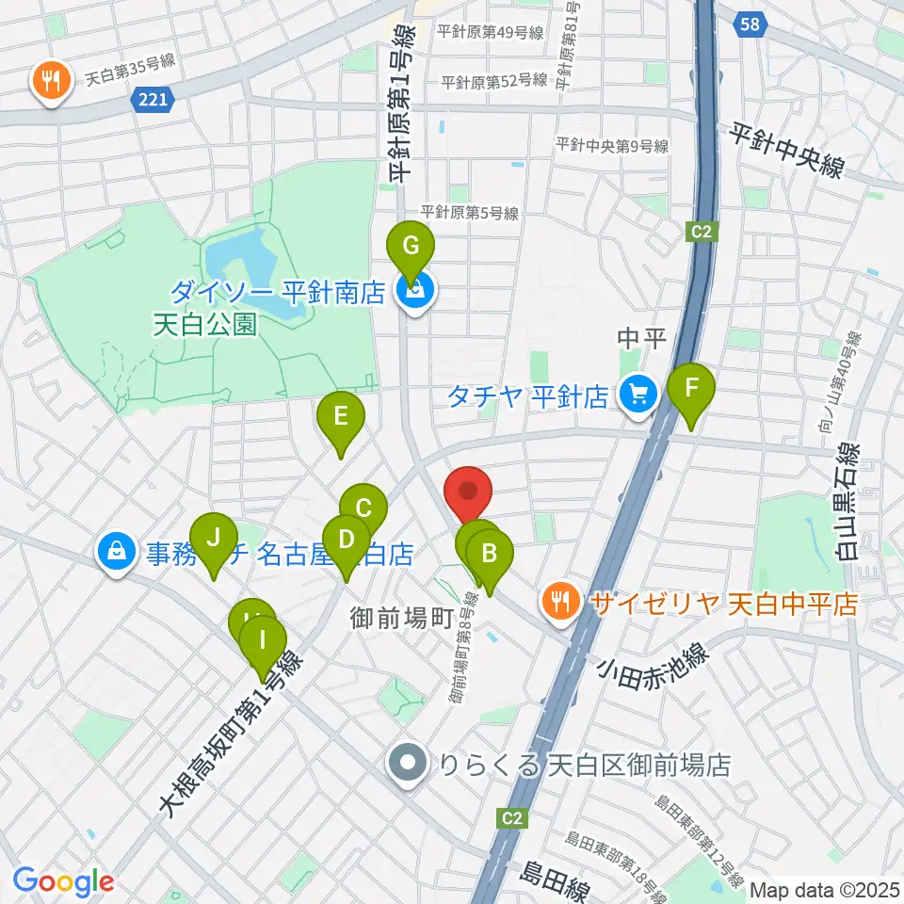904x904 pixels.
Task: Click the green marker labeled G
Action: pos(411,248)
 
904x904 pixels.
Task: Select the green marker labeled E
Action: pos(341,417)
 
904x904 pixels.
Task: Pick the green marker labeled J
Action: pos(214,540)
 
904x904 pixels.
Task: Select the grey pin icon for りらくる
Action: pos(408,764)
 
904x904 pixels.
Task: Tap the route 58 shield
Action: pos(750,25)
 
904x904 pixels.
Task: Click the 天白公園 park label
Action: pos(205,325)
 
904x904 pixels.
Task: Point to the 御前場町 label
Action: pos(402,620)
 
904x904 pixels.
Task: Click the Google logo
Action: pos(63,880)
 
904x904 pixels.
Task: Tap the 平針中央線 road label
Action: pos(785,151)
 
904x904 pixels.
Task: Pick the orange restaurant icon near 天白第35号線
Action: pos(47,82)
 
